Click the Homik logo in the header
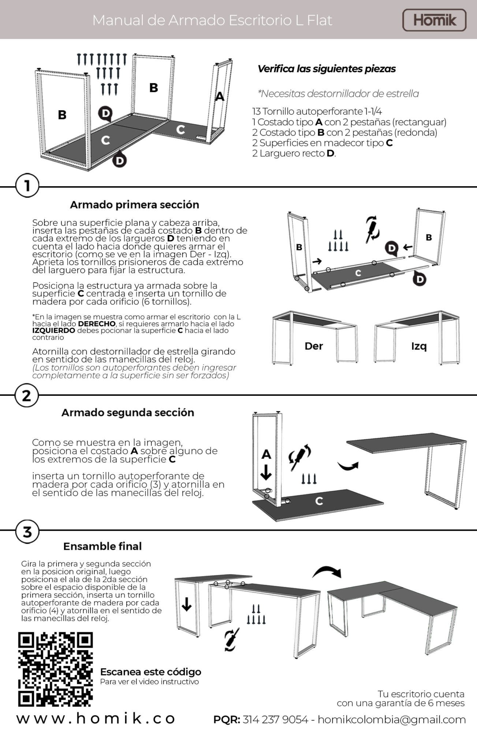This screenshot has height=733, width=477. click(x=434, y=20)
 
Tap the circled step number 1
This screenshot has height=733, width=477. click(x=27, y=186)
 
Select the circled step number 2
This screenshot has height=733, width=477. click(x=27, y=396)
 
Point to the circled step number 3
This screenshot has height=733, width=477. click(x=27, y=531)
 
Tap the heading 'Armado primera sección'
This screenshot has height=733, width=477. click(x=134, y=205)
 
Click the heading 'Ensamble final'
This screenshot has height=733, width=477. click(x=103, y=546)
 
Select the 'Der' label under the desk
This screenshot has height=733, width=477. click(x=314, y=346)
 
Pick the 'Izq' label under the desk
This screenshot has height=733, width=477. click(x=419, y=346)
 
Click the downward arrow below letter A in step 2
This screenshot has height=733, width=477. click(x=266, y=472)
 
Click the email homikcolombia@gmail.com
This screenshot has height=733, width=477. click(x=391, y=719)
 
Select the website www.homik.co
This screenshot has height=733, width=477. click(x=96, y=719)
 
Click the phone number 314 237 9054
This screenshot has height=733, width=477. click(x=275, y=719)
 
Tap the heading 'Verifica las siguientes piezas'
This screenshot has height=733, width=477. click(x=327, y=69)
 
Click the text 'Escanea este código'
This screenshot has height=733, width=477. click(x=150, y=672)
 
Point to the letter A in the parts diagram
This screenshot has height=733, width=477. click(x=219, y=96)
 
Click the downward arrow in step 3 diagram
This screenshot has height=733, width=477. click(x=187, y=604)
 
